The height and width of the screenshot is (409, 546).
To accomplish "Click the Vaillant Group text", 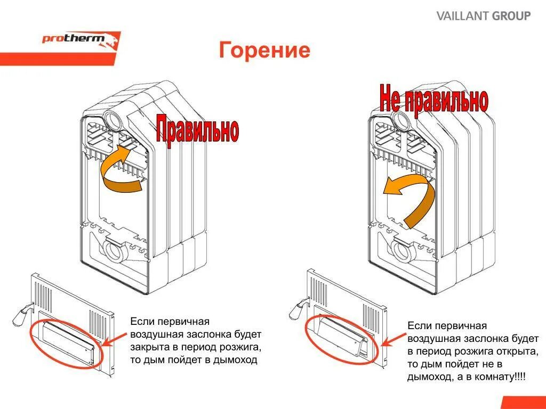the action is tap(484, 16).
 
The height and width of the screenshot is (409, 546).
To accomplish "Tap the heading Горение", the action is tap(264, 51).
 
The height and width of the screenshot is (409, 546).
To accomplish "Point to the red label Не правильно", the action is tap(433, 99).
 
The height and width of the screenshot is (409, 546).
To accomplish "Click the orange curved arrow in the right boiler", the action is tap(411, 197).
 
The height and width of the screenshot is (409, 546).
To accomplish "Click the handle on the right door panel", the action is tap(298, 310).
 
